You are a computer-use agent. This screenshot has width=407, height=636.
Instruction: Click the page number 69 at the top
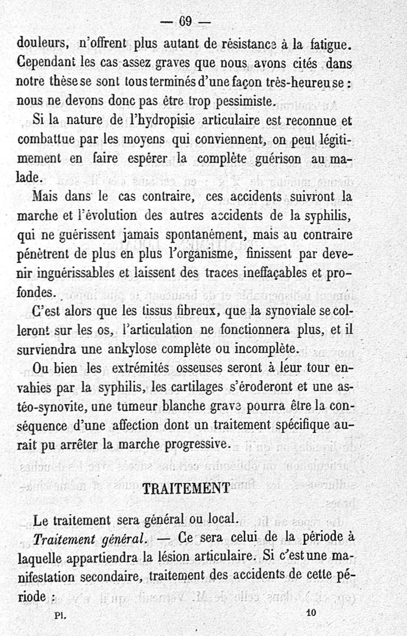(x=184, y=21)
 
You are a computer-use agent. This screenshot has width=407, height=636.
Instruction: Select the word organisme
(x=214, y=253)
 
